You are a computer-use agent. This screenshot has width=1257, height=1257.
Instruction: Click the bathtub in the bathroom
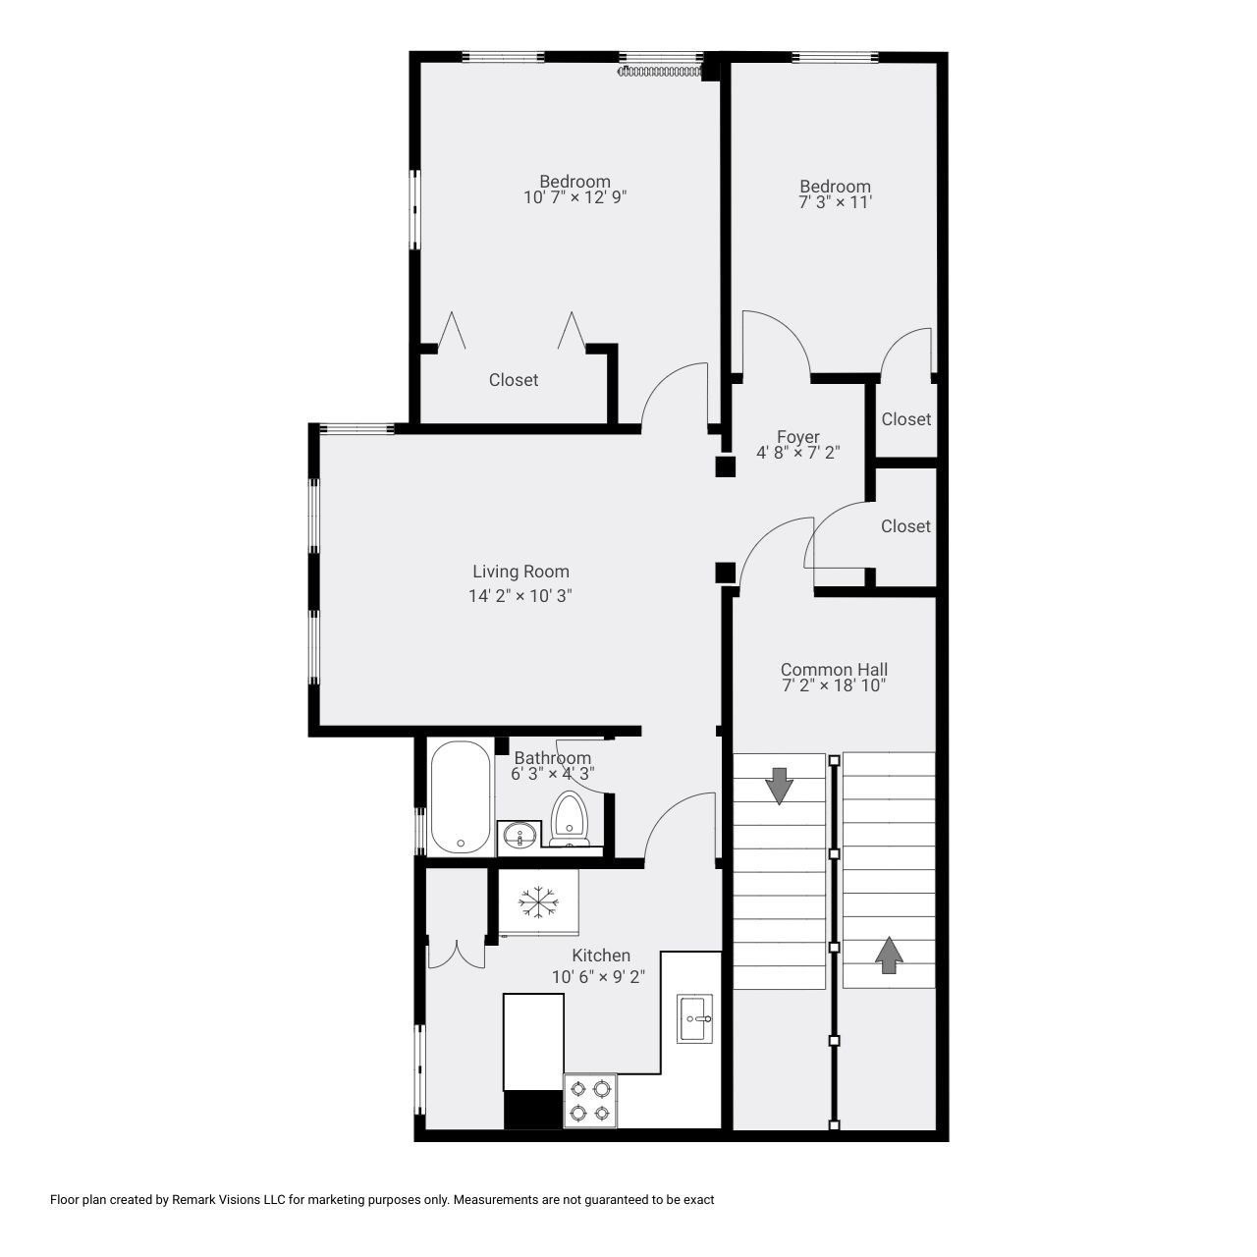click(460, 797)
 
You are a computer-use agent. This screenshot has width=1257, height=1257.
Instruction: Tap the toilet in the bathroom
click(569, 819)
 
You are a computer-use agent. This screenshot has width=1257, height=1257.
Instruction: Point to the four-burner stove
click(589, 1100)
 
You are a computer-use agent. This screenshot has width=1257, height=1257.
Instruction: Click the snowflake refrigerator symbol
click(538, 902)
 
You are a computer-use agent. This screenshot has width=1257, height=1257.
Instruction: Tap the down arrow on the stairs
click(779, 786)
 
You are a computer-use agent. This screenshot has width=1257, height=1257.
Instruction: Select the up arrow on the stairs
click(889, 955)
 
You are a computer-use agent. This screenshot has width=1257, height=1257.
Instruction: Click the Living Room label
click(520, 572)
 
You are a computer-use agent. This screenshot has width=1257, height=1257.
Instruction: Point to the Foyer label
click(797, 437)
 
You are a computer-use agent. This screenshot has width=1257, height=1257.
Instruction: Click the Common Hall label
click(834, 670)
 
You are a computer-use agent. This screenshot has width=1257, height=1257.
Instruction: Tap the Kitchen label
click(601, 956)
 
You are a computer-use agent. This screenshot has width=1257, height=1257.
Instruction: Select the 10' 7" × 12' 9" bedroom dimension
click(574, 197)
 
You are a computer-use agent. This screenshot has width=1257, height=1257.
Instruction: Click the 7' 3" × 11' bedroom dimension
click(835, 202)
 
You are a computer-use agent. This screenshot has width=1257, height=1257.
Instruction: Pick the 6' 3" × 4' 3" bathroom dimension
click(552, 774)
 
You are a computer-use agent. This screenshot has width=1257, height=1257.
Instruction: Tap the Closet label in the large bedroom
click(513, 380)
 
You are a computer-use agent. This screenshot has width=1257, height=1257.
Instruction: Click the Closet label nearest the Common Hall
click(904, 526)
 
